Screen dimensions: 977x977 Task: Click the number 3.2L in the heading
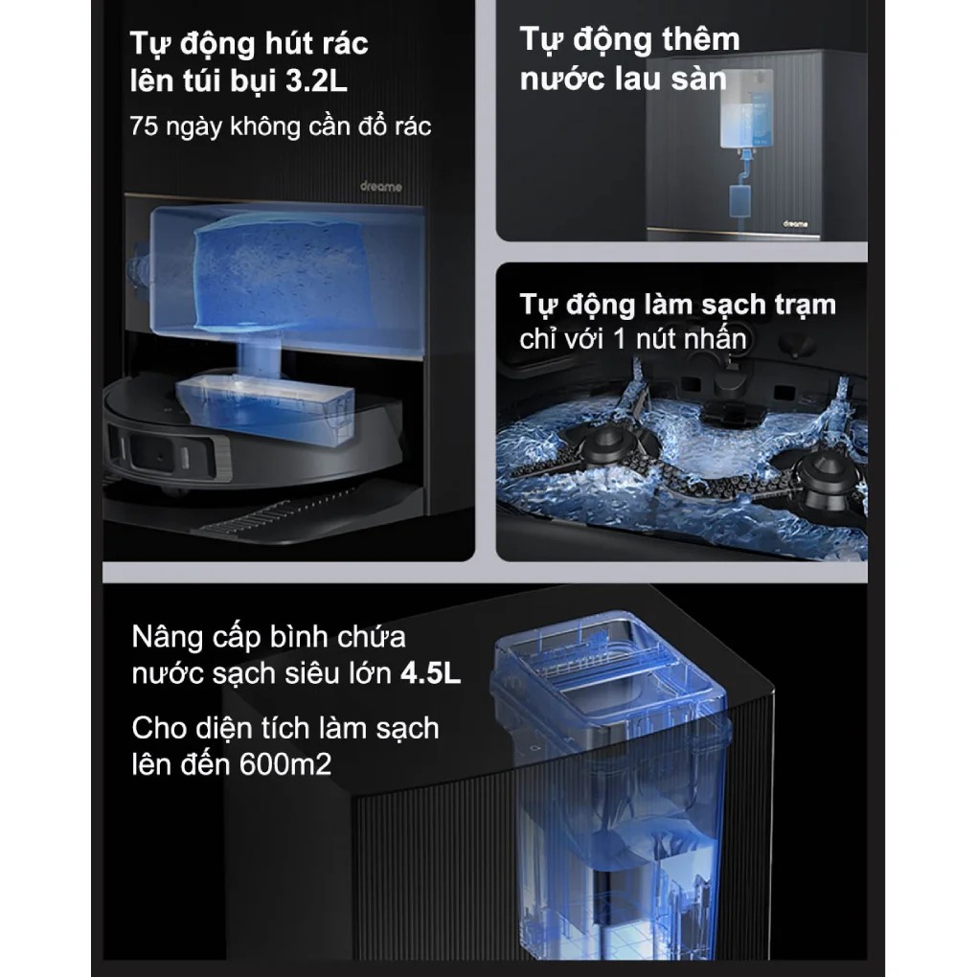coord(316,81)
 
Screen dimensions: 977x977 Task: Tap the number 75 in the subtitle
coord(143,126)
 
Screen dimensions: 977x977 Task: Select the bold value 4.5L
coord(430,673)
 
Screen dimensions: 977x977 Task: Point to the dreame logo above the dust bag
coord(381,187)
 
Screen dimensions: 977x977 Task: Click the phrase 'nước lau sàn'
coord(624,79)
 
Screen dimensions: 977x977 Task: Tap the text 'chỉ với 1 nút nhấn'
coord(632,338)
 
